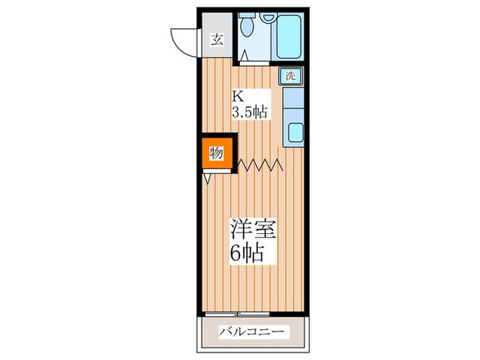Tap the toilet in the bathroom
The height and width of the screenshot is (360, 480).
tap(248, 28)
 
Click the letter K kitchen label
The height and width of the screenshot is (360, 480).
tap(237, 97)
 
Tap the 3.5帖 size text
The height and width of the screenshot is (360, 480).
tap(249, 112)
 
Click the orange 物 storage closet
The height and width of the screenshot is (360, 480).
tap(215, 153)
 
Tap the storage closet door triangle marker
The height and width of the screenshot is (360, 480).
tap(207, 177)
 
